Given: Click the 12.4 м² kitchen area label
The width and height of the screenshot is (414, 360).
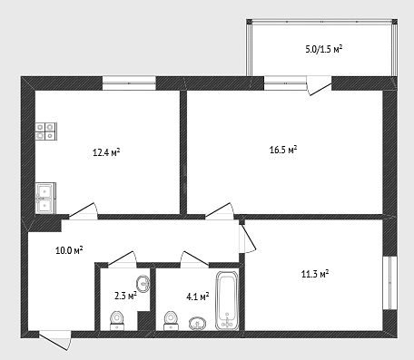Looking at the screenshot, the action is click(x=106, y=152).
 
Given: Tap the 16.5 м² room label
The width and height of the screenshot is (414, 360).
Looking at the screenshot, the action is click(x=283, y=150).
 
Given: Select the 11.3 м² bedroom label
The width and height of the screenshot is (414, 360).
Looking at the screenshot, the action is click(x=315, y=274).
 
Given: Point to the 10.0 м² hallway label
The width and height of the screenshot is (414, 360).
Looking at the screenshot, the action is click(x=69, y=250).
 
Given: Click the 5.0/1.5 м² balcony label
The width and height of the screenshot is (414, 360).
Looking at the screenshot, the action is click(x=324, y=49).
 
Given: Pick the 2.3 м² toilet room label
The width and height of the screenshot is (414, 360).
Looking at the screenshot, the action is click(x=125, y=296).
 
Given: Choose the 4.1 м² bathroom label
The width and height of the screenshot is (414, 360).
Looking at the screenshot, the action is click(x=198, y=297).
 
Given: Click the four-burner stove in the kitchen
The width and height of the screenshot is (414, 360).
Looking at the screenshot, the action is click(x=46, y=131).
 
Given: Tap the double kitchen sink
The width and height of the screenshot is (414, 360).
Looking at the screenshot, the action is click(x=45, y=198).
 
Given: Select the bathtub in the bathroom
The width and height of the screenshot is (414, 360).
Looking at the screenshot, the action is click(x=227, y=300).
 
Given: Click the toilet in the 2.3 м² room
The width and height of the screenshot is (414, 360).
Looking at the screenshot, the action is click(x=117, y=321).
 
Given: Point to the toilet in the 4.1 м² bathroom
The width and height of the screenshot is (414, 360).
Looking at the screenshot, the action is click(x=171, y=320).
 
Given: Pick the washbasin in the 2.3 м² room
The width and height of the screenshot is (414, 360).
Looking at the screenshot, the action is click(x=143, y=284).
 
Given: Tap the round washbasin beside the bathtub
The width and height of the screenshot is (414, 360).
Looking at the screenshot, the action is click(x=197, y=324).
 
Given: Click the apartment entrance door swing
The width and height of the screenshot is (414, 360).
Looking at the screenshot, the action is click(x=55, y=341).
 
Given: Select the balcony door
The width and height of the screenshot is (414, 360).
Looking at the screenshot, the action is click(x=320, y=85).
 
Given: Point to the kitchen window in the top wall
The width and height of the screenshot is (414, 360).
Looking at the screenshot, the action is click(x=129, y=83).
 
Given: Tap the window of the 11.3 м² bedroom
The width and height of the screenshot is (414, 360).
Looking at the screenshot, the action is click(x=389, y=283).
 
